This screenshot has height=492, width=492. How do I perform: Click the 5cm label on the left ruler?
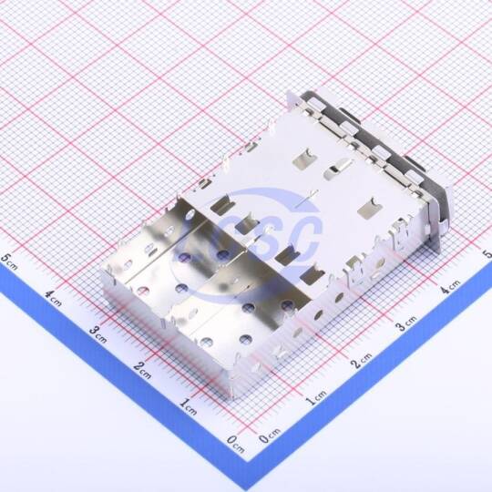tap(9, 261)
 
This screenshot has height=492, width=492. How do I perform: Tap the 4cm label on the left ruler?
tap(53, 298)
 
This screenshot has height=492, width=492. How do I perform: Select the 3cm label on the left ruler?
tap(97, 334)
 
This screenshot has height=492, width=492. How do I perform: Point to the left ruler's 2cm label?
tap(142, 371)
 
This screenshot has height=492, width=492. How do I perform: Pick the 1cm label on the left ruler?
tap(189, 406)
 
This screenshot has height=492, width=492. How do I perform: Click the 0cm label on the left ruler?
tap(235, 445)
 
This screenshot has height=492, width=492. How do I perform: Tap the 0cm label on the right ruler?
tap(270, 436)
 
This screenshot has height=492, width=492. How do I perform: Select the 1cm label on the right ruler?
tap(316, 397)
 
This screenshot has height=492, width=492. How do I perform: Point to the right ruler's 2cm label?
tap(361, 361)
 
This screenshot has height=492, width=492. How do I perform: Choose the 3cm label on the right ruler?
tap(405, 323)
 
